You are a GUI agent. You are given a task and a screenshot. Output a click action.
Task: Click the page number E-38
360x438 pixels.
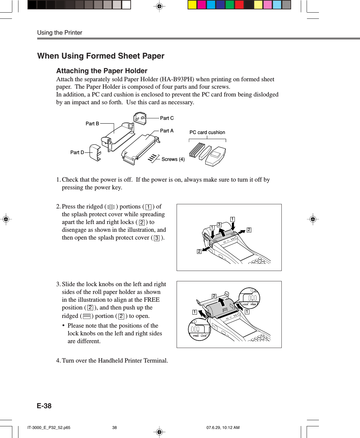(44, 406)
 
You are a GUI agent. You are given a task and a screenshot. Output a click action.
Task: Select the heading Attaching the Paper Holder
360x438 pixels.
(102, 71)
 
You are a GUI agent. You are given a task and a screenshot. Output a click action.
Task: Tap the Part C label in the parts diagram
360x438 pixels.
(167, 118)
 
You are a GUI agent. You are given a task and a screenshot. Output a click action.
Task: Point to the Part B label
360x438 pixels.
(92, 124)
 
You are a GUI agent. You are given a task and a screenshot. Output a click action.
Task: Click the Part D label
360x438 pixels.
(77, 152)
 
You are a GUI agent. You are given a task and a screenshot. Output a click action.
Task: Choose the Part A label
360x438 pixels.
(167, 131)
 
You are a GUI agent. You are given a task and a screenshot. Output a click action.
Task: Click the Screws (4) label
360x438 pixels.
(173, 159)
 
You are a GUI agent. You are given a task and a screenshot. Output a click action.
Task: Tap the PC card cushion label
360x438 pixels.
(207, 132)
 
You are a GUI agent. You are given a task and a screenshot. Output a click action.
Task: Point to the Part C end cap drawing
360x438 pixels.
(140, 118)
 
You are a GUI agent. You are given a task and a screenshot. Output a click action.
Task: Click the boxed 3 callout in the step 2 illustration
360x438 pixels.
(219, 225)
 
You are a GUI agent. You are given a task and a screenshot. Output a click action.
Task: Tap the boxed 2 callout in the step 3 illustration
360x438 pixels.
(214, 296)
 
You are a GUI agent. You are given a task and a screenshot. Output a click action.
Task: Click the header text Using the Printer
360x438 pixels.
(60, 33)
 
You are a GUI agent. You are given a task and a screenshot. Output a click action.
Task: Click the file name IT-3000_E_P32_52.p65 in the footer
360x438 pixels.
(49, 428)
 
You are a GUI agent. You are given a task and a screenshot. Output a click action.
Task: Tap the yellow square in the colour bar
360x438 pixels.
(192, 5)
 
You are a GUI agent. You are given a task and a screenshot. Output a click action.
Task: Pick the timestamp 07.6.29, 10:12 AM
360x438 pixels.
(223, 428)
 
